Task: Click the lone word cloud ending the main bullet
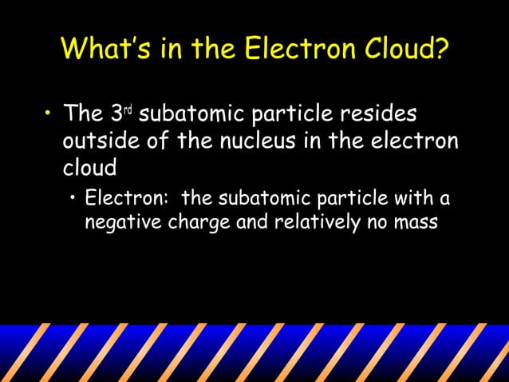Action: point(89,169)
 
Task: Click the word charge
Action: point(199,221)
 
